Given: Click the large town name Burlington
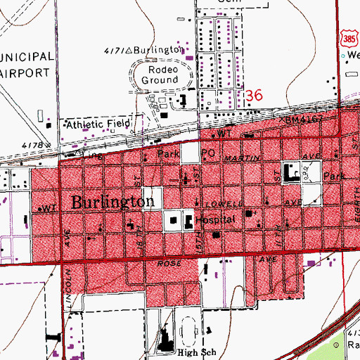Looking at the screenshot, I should (x=113, y=202).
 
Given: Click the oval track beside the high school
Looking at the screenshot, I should (x=189, y=330).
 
